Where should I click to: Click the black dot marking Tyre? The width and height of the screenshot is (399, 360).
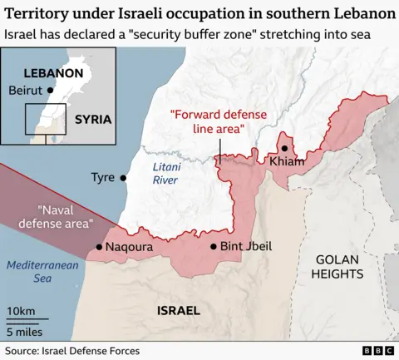[x=124, y=177]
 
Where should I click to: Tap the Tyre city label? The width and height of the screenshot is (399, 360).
[x=103, y=177]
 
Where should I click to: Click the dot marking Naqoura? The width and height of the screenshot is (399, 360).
[x=99, y=247]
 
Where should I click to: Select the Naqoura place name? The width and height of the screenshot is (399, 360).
[x=130, y=247]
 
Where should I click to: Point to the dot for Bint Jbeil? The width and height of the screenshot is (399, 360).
[x=214, y=246]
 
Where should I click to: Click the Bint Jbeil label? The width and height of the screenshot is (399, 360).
[x=247, y=246]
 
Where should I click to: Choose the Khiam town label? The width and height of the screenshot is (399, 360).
[x=288, y=160]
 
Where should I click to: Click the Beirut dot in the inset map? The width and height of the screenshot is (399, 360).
[x=51, y=90]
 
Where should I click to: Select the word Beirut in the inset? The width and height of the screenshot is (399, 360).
[x=27, y=90]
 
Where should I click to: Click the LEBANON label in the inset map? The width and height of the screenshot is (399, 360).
[x=53, y=72]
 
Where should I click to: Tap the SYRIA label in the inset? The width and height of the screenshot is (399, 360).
[x=92, y=119]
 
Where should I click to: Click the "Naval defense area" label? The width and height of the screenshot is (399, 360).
[x=66, y=217]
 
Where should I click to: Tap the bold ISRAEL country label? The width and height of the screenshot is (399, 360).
[x=178, y=310]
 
